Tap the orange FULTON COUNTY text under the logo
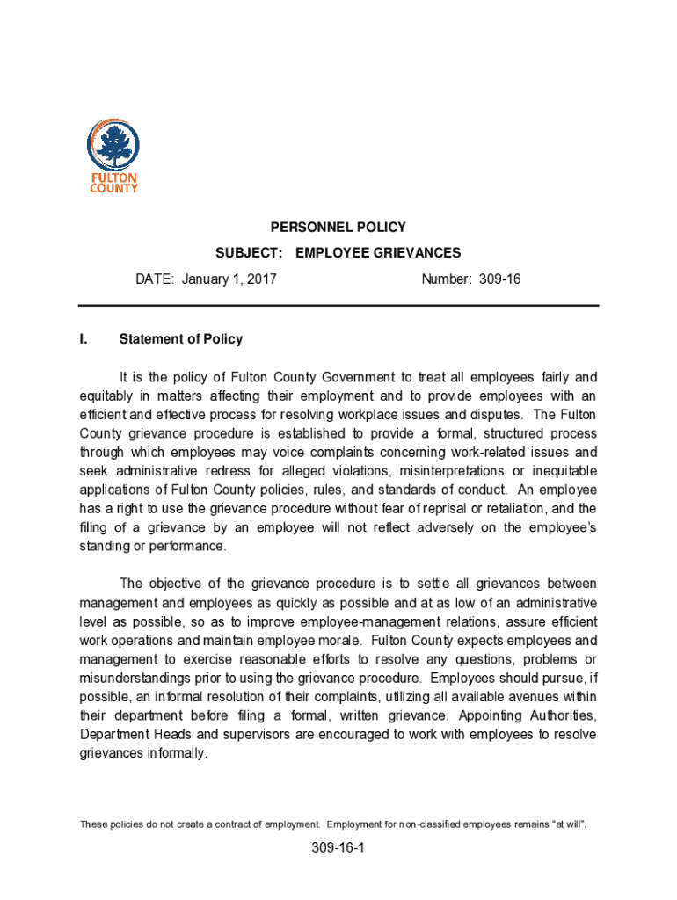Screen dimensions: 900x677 [x=115, y=182]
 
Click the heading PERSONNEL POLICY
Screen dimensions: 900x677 [x=338, y=227]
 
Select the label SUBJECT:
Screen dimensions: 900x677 [x=249, y=253]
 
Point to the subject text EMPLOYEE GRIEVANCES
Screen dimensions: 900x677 [x=378, y=253]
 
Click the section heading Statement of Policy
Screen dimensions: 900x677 [x=180, y=339]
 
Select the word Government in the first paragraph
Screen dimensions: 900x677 [x=342, y=377]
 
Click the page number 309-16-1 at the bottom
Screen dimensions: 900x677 [x=338, y=849]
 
